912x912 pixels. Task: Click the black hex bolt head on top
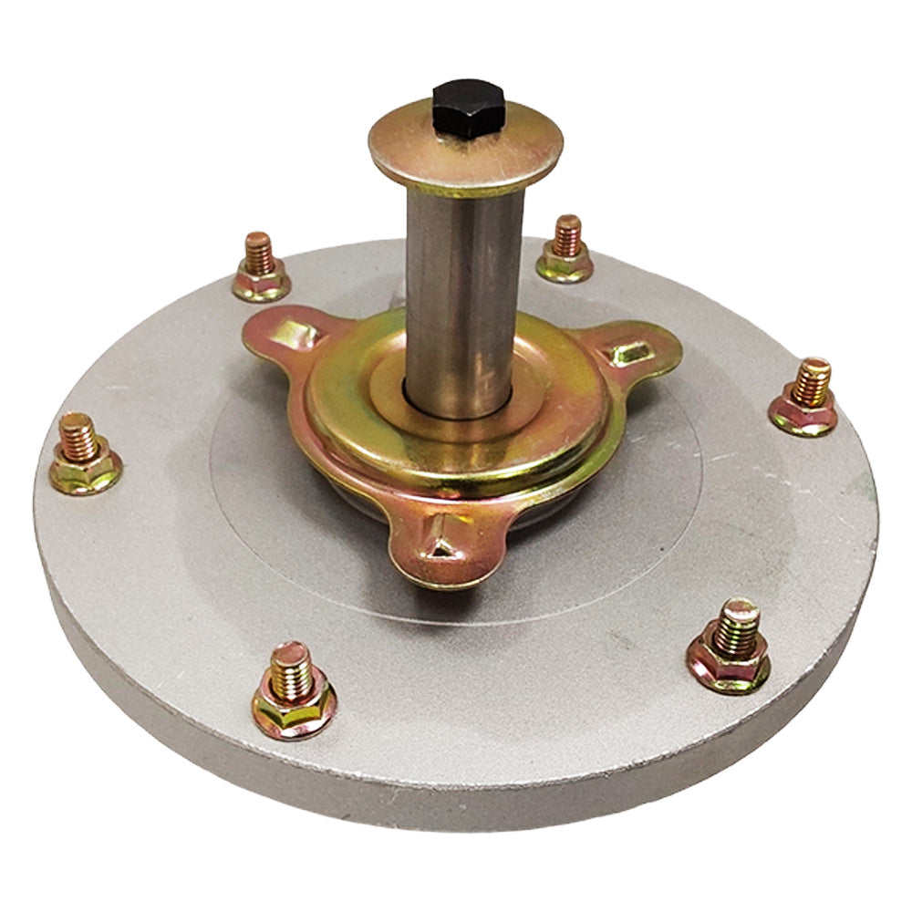pyautogui.click(x=468, y=108)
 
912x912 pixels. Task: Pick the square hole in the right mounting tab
pyautogui.click(x=630, y=351)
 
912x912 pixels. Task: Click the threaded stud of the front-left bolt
pyautogui.click(x=291, y=668)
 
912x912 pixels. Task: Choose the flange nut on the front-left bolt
pyautogui.click(x=294, y=709)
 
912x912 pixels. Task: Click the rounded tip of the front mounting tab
pyautogui.click(x=438, y=570)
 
